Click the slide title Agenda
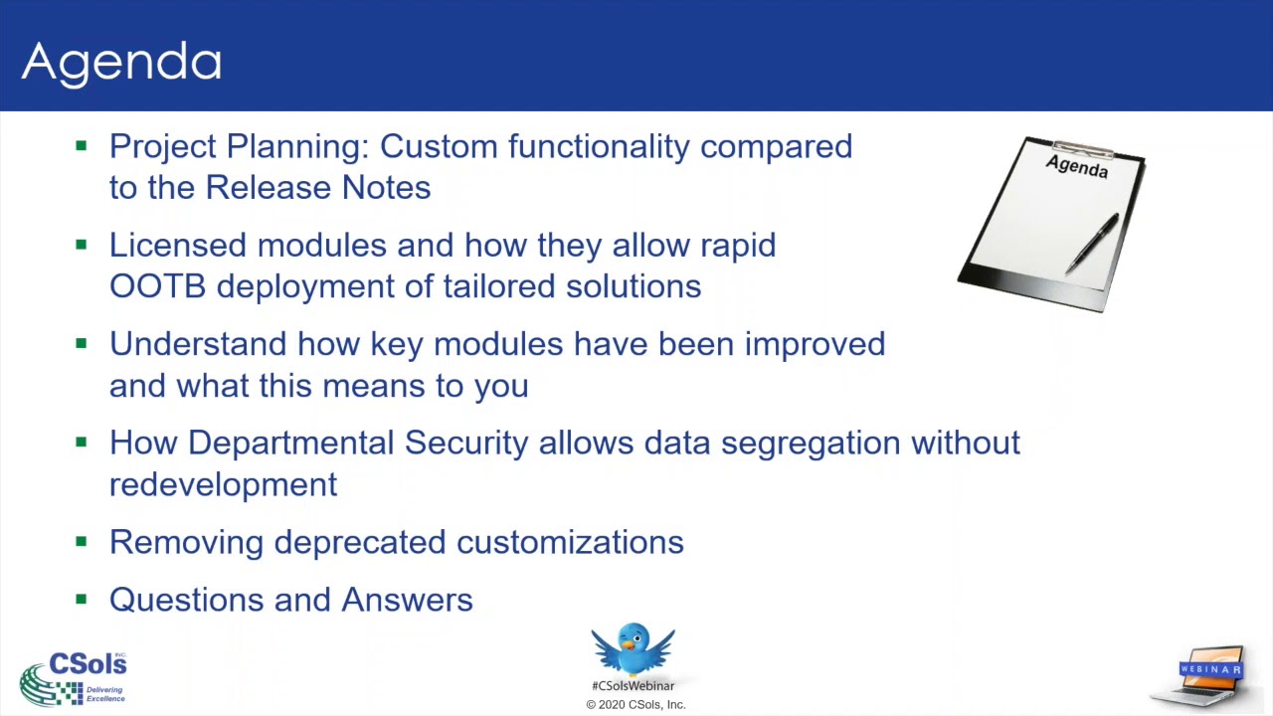tap(121, 62)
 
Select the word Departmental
tap(290, 444)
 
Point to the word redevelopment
tap(223, 485)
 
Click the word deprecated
tap(364, 543)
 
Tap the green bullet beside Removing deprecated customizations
tap(82, 542)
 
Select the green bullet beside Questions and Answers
tap(82, 600)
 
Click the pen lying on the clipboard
tap(1093, 242)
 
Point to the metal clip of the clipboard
tap(1082, 149)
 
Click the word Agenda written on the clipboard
tap(1077, 167)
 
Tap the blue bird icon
tap(633, 648)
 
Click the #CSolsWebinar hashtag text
tap(633, 686)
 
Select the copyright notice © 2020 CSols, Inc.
tap(636, 705)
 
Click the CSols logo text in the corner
tap(88, 664)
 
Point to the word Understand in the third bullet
tap(198, 344)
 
